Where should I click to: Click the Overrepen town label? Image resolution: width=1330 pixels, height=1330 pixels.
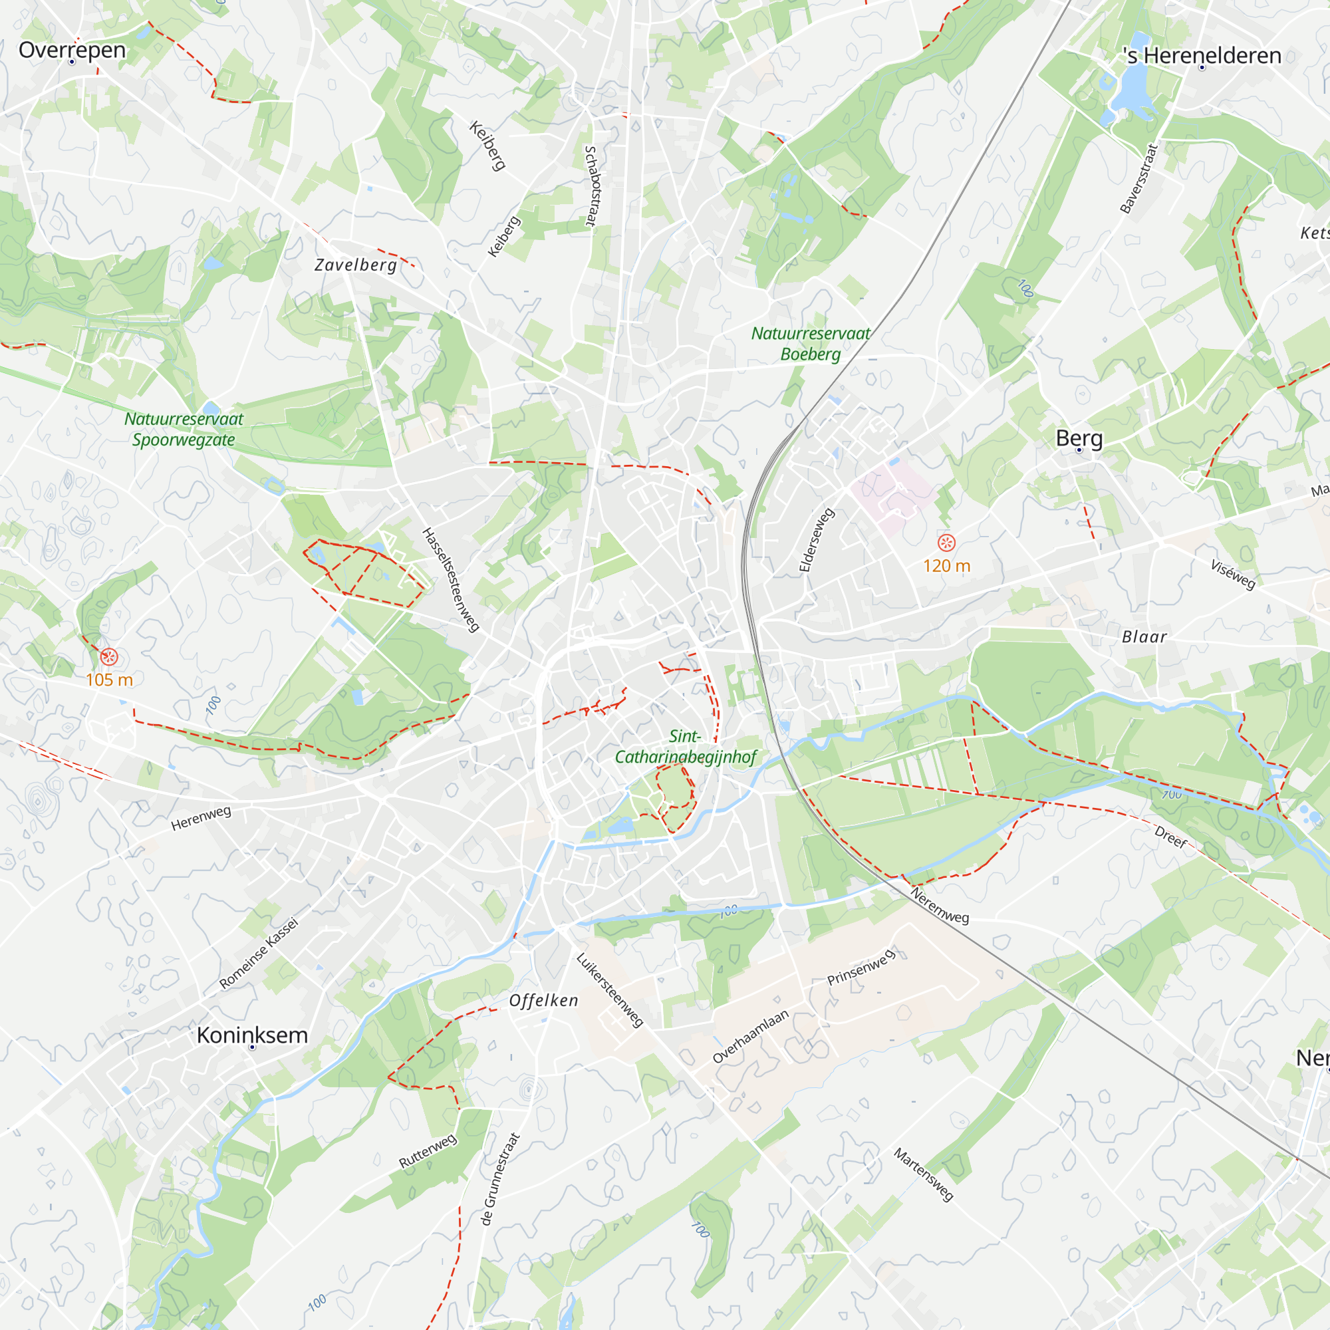(x=72, y=51)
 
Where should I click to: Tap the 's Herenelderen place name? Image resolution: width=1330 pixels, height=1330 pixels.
(x=1201, y=56)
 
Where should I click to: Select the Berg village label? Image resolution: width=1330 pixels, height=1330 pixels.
(x=1079, y=438)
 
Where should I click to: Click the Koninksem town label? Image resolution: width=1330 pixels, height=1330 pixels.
(x=252, y=1035)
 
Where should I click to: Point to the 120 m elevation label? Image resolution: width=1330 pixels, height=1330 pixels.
(x=946, y=566)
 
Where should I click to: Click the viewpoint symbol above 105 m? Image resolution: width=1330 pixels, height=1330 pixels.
(x=109, y=657)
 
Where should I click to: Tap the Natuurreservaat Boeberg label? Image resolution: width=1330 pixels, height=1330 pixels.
(x=810, y=344)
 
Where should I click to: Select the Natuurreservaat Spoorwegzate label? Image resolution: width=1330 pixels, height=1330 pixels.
(x=184, y=429)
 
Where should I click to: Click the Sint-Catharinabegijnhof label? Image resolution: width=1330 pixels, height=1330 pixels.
(x=685, y=747)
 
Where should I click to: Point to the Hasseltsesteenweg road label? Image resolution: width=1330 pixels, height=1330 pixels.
(x=450, y=580)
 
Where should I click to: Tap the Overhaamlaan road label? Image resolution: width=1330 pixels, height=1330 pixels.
(x=750, y=1037)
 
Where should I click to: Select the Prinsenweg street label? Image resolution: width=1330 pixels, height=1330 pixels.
(x=861, y=967)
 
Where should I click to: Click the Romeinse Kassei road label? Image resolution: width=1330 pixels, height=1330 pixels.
(x=259, y=953)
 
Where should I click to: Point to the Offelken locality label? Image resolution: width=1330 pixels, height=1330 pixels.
(x=543, y=1000)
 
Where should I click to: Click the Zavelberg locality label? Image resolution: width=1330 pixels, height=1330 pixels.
(x=355, y=265)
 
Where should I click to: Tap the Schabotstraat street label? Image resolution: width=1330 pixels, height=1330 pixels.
(x=590, y=186)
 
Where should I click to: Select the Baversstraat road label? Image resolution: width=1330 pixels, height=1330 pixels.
(x=1139, y=178)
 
